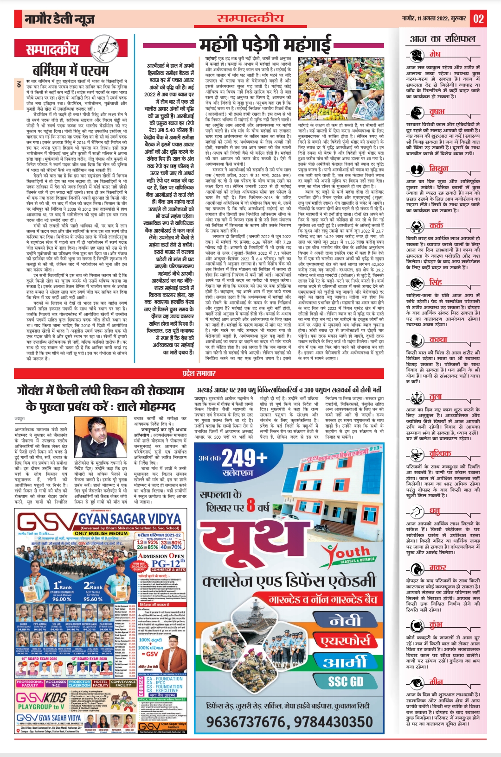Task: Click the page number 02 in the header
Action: tap(478, 19)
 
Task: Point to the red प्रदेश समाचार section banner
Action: tap(199, 373)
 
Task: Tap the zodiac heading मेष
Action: tap(435, 54)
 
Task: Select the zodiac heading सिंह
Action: tap(435, 282)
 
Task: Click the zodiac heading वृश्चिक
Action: tap(439, 453)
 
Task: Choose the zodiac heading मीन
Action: tap(436, 681)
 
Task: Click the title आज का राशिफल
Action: tap(443, 38)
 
